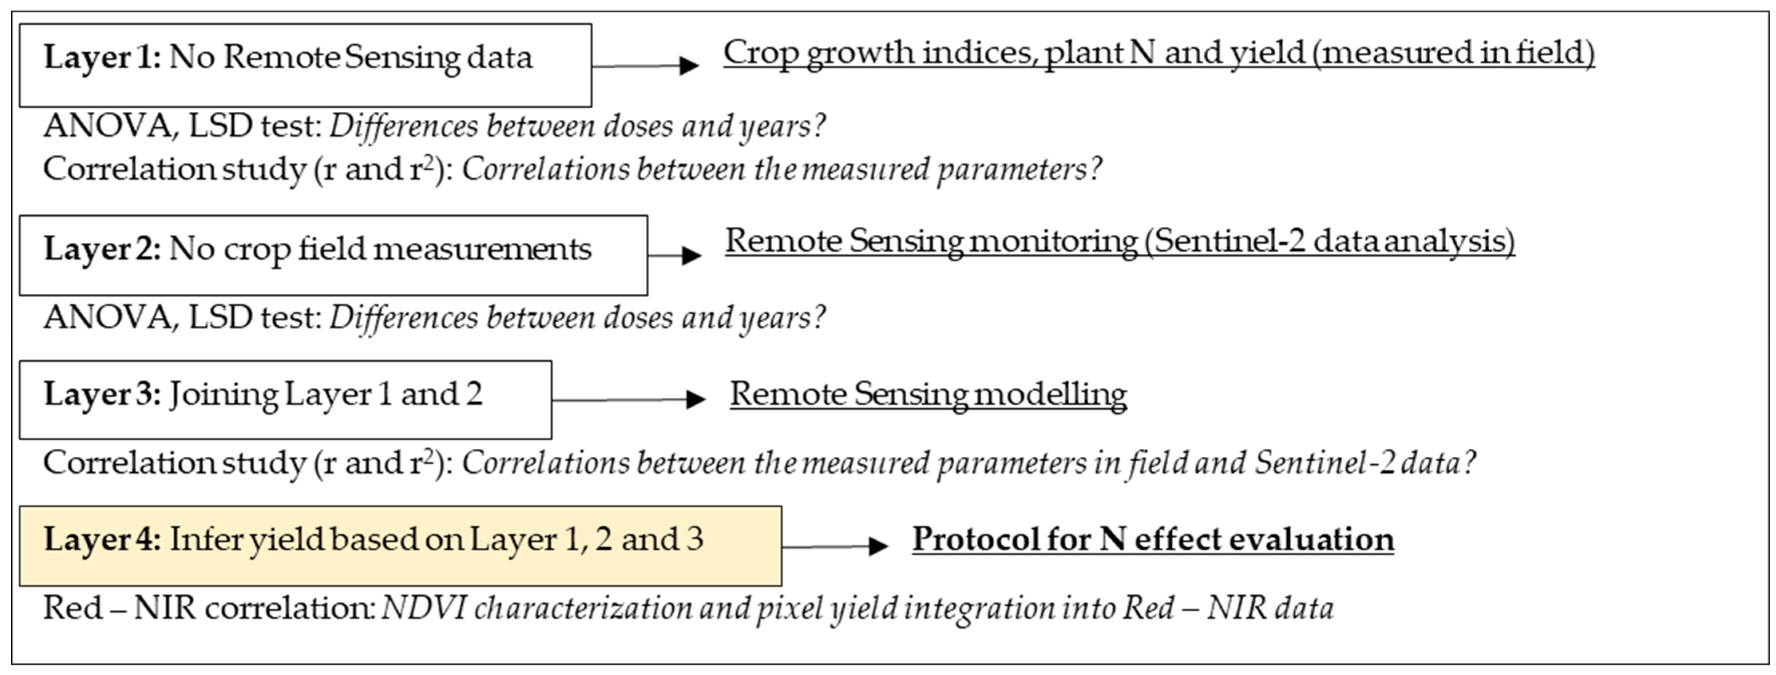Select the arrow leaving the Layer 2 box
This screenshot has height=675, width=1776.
point(674,255)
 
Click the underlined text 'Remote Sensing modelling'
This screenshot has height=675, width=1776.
point(928,394)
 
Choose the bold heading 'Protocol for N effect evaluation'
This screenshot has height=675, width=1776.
point(1153,539)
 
